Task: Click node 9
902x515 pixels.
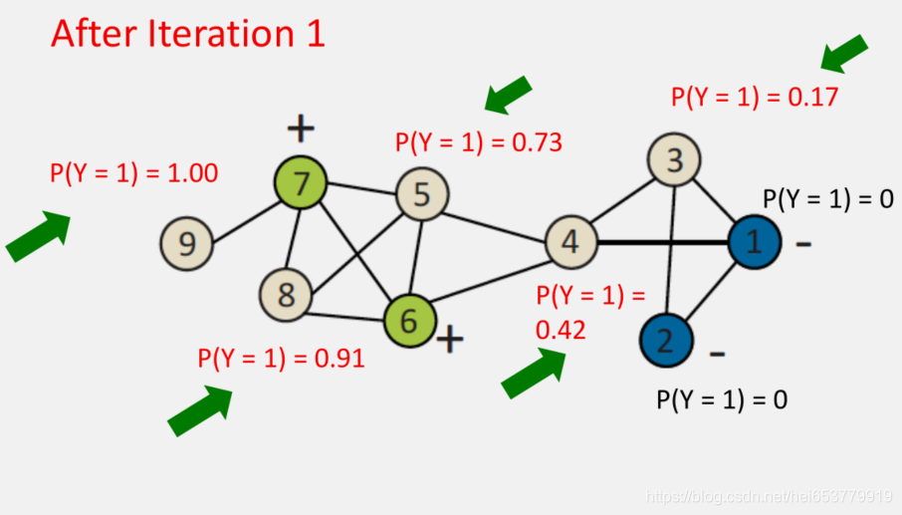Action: (186, 243)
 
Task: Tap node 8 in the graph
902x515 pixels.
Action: (286, 295)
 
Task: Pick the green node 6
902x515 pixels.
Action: (410, 319)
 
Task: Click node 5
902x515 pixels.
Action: (422, 195)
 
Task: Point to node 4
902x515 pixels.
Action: (569, 242)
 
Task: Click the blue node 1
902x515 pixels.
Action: (753, 242)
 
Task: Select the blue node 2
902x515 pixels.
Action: (666, 341)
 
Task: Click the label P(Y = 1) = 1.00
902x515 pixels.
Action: (133, 173)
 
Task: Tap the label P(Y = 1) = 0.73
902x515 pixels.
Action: (479, 143)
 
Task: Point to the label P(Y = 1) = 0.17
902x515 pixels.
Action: (755, 98)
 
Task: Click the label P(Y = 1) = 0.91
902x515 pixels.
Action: (281, 359)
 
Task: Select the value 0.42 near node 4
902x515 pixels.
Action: (562, 330)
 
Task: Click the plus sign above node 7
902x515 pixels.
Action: (301, 128)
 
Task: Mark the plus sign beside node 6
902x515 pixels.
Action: (450, 340)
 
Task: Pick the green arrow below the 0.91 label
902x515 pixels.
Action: (200, 411)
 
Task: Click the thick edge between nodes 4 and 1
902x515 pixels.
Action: (661, 242)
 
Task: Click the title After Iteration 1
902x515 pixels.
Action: (188, 34)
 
